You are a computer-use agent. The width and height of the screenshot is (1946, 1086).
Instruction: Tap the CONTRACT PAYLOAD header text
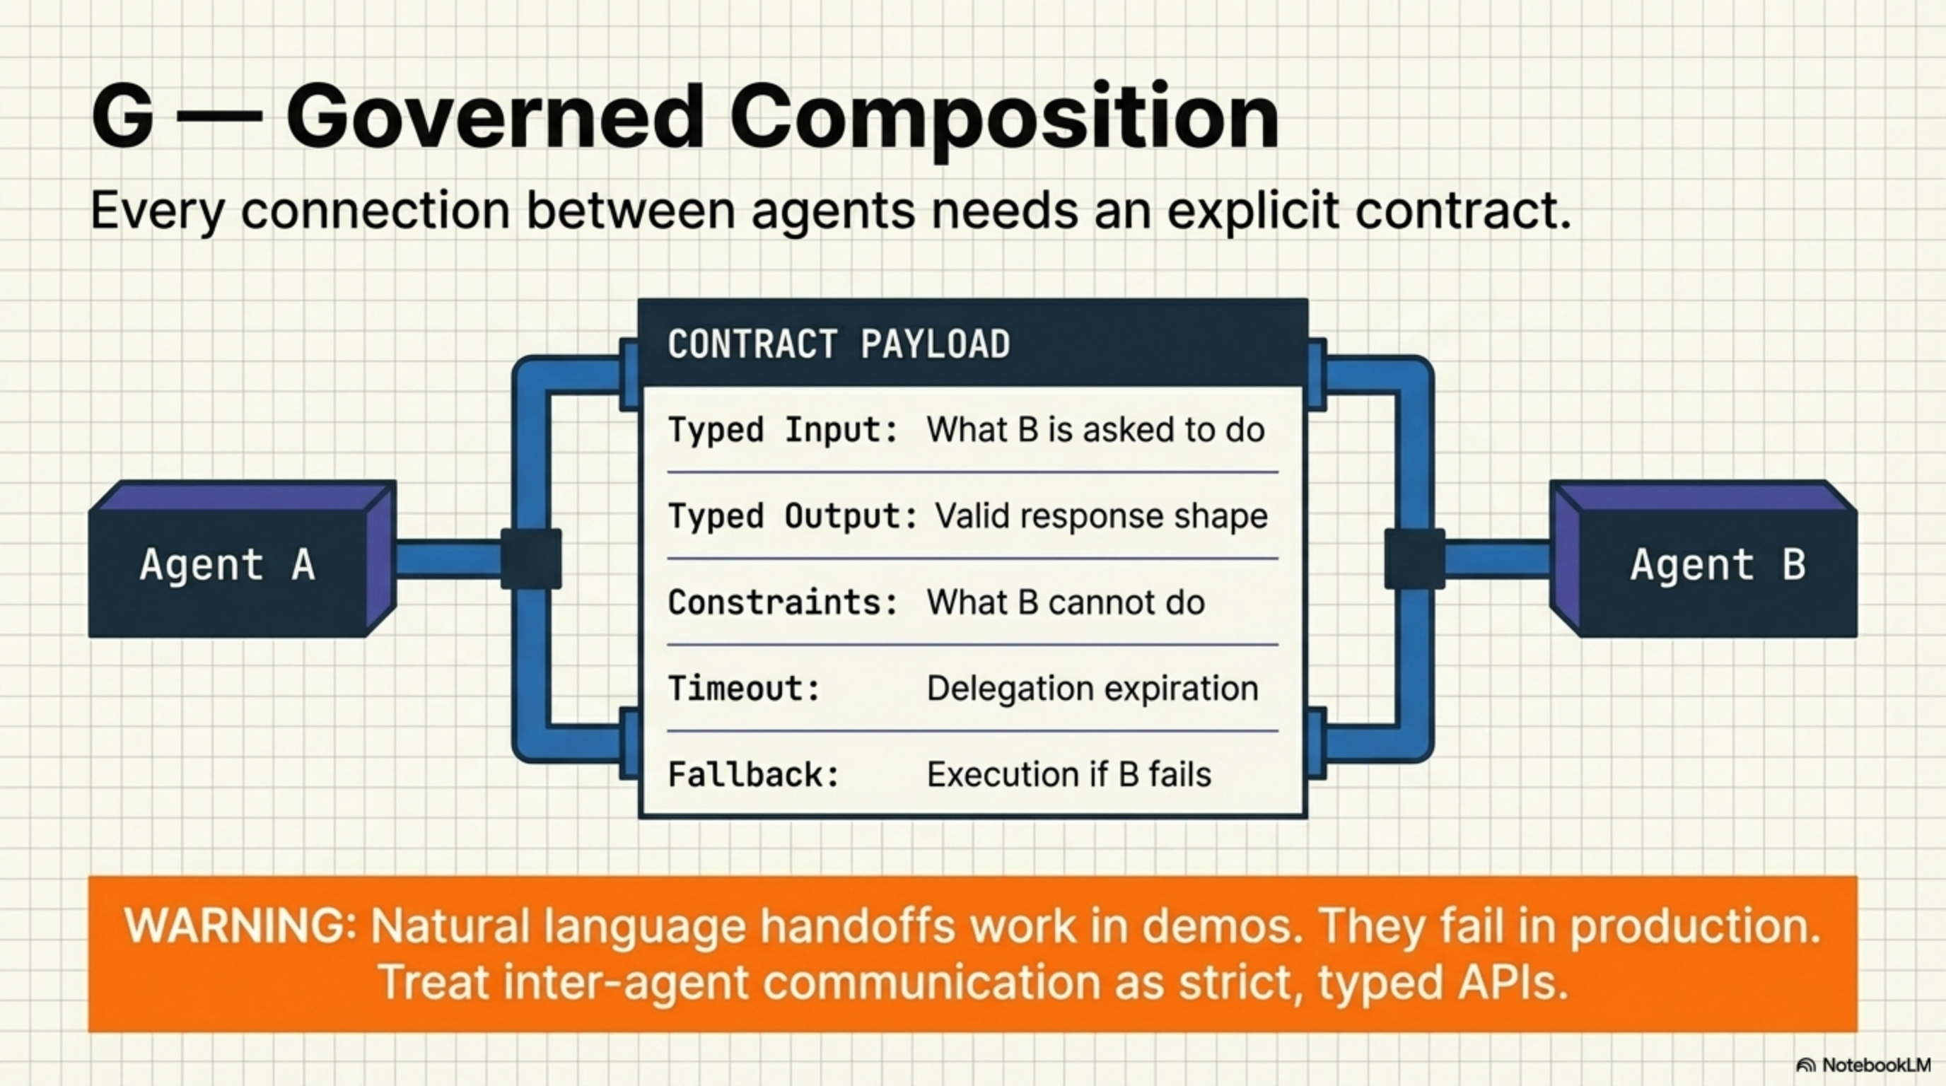pos(839,344)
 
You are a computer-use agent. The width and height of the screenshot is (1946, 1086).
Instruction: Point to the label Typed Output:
pos(793,517)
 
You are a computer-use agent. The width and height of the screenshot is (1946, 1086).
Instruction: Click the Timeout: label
pos(744,689)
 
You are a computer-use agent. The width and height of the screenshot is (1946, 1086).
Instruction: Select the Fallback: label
pos(754,775)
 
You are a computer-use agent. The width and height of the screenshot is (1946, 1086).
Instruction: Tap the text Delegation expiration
pos(1093,689)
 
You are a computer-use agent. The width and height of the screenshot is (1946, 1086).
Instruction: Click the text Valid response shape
pos(1101,517)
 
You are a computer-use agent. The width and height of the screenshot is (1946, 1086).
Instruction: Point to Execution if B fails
pos(1069,775)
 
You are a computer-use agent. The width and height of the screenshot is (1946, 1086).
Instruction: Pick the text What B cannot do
pos(1065,602)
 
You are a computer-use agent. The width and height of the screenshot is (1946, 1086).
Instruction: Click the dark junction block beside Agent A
pos(531,559)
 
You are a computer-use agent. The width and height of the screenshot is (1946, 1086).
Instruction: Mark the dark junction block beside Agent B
pos(1414,559)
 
